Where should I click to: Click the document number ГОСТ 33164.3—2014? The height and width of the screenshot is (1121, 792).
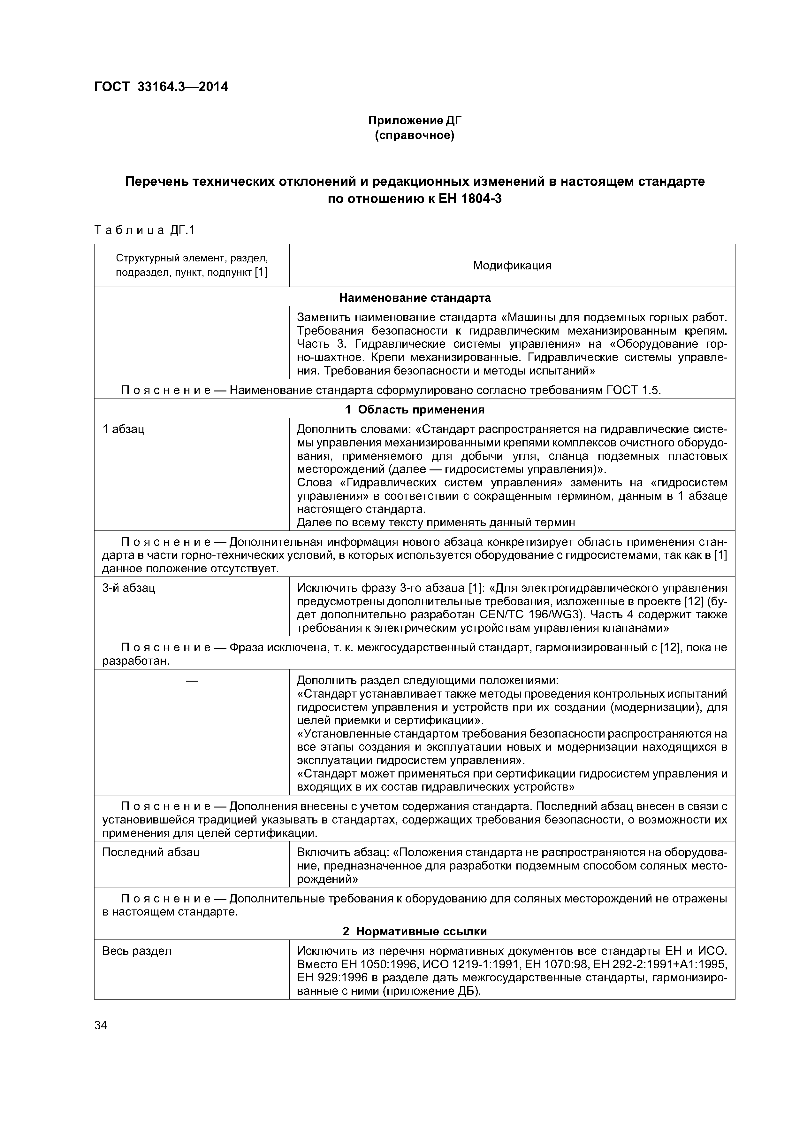click(x=161, y=87)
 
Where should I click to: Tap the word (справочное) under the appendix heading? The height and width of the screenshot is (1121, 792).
click(x=414, y=135)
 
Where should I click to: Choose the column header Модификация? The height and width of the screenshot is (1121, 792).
click(x=512, y=266)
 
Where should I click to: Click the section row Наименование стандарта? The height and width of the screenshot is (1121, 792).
click(x=415, y=297)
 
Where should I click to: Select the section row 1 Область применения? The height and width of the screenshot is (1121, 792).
click(x=415, y=409)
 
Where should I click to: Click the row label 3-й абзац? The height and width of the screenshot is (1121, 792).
click(x=129, y=588)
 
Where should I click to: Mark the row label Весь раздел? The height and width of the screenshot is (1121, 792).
click(x=137, y=951)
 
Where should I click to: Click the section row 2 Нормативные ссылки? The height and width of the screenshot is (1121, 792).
click(x=415, y=931)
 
